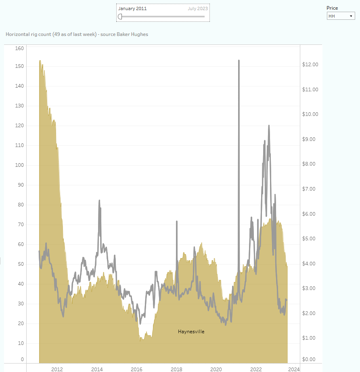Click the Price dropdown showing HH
point(341,16)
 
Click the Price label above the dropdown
point(332,8)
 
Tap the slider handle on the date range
point(120,17)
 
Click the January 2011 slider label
point(132,8)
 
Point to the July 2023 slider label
point(198,8)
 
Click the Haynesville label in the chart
point(191,332)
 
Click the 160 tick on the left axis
point(19,48)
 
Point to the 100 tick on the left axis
point(19,165)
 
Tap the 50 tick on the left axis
point(21,264)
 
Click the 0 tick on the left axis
point(22,359)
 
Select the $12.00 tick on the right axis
point(310,65)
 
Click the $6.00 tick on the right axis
point(310,214)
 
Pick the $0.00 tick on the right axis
point(310,359)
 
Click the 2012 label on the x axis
point(57,369)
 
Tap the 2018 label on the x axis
point(176,369)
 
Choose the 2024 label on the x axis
point(294,369)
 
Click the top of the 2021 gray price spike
point(239,61)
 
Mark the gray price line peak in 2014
point(99,200)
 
